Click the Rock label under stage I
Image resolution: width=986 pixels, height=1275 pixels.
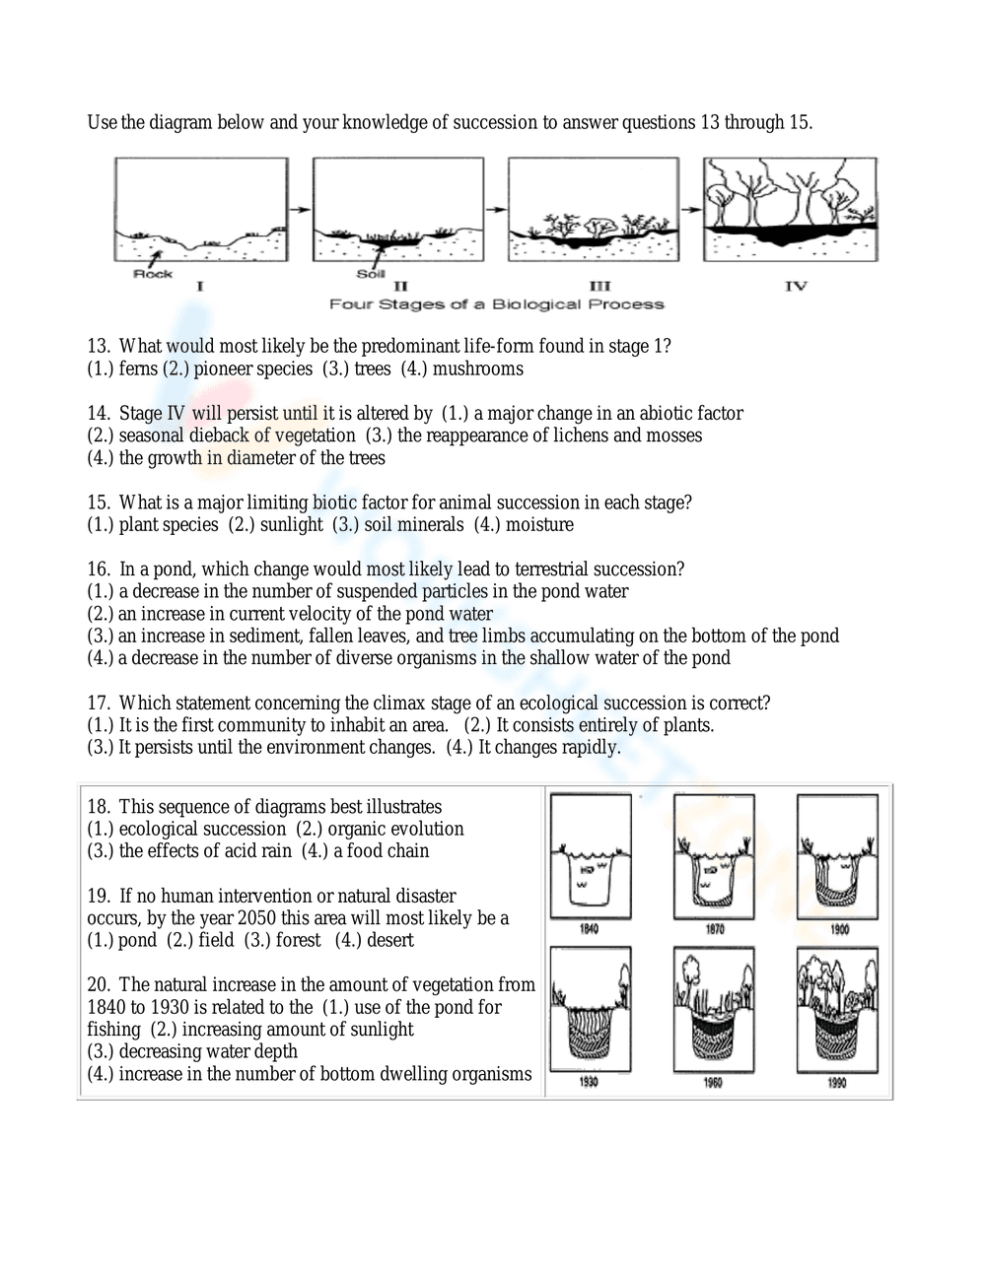(x=153, y=274)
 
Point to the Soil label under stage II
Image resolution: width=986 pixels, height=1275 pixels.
(x=371, y=274)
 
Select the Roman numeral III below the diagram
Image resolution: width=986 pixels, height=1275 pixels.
(x=599, y=287)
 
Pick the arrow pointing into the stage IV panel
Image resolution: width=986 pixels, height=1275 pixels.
(x=691, y=209)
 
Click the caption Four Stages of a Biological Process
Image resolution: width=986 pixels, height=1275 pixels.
(x=496, y=304)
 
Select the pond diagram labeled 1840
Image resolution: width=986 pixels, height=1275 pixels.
(x=590, y=855)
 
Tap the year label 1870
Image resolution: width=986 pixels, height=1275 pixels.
(x=715, y=929)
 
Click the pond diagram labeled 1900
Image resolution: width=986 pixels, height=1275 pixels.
(x=837, y=855)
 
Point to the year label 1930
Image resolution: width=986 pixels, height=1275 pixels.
(x=590, y=1082)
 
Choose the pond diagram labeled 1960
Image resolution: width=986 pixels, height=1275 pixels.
(x=714, y=1009)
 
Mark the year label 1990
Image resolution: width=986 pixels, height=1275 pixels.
(x=837, y=1082)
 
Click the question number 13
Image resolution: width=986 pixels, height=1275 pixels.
(x=98, y=347)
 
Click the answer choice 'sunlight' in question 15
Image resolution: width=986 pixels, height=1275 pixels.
(x=291, y=525)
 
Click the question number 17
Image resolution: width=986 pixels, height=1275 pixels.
(x=98, y=704)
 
